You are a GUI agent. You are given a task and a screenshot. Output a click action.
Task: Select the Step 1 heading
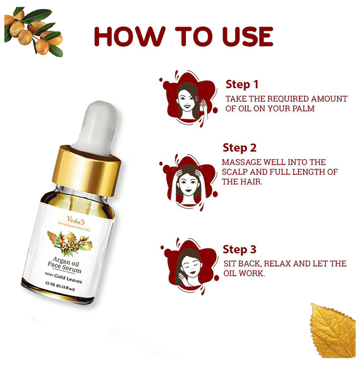pos(242,84)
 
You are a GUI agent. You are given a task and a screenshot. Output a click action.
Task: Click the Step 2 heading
pos(239,148)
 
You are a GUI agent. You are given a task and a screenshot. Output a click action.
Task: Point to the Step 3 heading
pos(239,249)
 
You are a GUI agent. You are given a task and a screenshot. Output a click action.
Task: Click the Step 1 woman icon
pos(189,98)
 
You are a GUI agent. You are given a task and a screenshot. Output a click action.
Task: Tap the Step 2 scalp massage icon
pos(188,182)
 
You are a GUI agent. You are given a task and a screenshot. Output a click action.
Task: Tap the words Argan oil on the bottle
pos(66,261)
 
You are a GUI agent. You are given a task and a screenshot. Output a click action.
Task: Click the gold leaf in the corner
pos(333,330)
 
